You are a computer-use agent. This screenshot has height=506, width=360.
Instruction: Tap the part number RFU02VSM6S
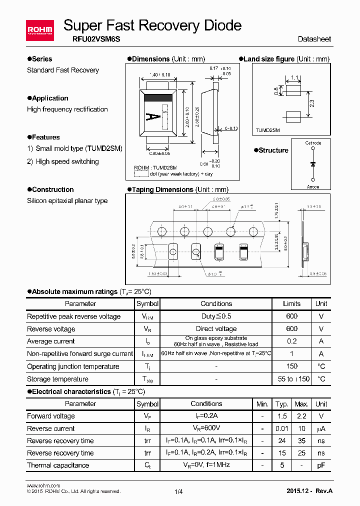tap(85, 39)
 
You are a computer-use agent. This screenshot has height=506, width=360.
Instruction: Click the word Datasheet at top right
tap(314, 39)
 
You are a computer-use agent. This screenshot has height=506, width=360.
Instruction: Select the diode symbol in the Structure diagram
tap(313, 164)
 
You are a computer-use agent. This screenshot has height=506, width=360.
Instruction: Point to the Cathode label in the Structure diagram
tap(313, 143)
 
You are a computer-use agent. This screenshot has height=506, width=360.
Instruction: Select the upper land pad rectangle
tap(293, 90)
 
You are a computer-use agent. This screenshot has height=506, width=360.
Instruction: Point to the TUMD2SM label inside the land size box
tap(268, 129)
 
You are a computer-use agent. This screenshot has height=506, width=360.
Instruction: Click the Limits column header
tap(291, 303)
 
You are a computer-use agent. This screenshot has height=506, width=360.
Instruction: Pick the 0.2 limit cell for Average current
tap(291, 341)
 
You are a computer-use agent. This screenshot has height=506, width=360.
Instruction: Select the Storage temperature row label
tap(57, 379)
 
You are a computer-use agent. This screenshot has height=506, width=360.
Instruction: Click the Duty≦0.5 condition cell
tap(216, 316)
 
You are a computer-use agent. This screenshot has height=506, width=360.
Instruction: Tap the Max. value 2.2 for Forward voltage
tap(301, 416)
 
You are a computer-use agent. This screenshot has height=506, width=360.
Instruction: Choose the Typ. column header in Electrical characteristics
tap(282, 403)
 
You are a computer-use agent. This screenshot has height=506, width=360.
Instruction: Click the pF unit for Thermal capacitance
tap(321, 465)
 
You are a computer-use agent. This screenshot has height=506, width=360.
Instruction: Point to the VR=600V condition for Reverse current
tap(206, 428)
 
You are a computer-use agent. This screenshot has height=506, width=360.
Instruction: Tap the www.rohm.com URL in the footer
tap(43, 485)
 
